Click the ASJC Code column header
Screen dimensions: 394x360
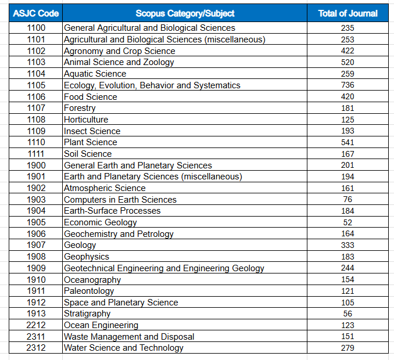(x=35, y=13)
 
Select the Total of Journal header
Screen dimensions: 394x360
(x=348, y=13)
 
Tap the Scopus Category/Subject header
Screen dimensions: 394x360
(x=185, y=13)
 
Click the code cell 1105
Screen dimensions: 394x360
(x=36, y=85)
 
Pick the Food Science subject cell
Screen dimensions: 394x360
(x=91, y=96)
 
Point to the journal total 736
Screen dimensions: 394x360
(x=348, y=85)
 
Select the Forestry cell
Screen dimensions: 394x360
(x=80, y=108)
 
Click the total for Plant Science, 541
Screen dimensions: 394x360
(x=348, y=142)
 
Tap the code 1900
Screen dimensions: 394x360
(x=36, y=165)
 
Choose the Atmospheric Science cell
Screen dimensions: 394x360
(x=105, y=188)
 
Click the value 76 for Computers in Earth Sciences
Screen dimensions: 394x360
(x=348, y=199)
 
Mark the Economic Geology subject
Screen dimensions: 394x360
(x=101, y=222)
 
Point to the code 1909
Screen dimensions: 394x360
(x=36, y=268)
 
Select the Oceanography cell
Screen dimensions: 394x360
(x=92, y=280)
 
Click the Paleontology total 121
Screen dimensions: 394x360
(x=348, y=291)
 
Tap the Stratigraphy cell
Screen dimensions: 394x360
(x=87, y=314)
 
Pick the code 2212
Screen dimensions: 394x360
(x=36, y=325)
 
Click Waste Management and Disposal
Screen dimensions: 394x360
(x=129, y=337)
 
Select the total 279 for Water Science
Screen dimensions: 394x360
(x=348, y=348)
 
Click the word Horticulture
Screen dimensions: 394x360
(x=86, y=120)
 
